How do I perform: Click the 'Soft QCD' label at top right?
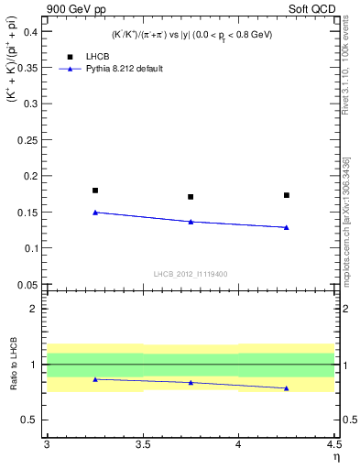click(x=313, y=10)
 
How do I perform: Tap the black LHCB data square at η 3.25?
click(x=95, y=191)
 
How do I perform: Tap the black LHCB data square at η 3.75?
click(x=191, y=197)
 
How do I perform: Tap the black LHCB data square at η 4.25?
click(x=287, y=195)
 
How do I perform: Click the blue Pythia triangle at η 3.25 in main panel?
click(x=95, y=212)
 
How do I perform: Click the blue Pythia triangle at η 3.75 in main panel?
click(x=191, y=221)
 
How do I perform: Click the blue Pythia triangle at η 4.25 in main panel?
click(x=287, y=227)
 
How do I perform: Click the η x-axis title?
click(x=335, y=456)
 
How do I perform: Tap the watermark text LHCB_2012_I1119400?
click(x=191, y=274)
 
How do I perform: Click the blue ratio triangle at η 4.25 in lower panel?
click(x=287, y=387)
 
